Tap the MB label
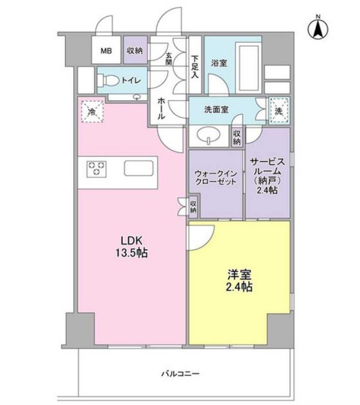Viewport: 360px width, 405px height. [x=106, y=51]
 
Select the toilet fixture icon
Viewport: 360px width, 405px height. [x=108, y=80]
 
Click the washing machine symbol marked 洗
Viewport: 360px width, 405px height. [x=279, y=110]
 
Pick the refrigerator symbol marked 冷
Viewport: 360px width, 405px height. [x=93, y=111]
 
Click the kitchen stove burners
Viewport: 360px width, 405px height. [x=96, y=168]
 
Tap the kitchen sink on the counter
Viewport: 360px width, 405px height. [x=138, y=168]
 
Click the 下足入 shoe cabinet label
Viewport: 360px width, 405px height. [x=195, y=66]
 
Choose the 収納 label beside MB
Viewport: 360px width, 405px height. [x=134, y=51]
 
